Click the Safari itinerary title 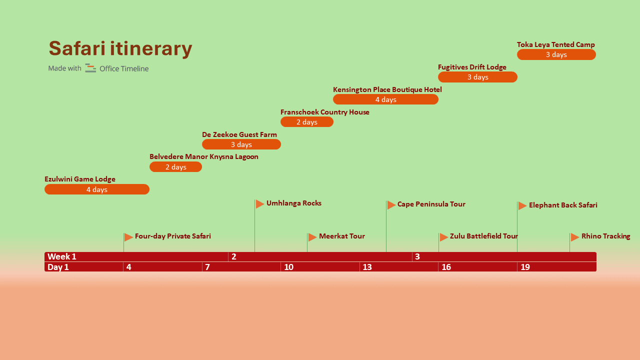pos(120,49)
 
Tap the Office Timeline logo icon pos(90,68)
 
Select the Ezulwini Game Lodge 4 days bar pos(97,189)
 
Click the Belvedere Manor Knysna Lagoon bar pos(175,167)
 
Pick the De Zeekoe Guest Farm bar pos(241,144)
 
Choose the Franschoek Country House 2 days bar pos(306,122)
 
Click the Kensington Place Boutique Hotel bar pos(385,99)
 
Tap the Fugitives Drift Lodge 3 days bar pos(477,77)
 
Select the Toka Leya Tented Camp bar pos(556,54)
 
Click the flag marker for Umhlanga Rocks pos(259,204)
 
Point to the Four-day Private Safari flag pos(128,237)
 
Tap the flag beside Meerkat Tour pos(312,237)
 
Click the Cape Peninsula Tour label pos(431,204)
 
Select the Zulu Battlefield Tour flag pos(443,237)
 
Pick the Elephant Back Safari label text pos(563,205)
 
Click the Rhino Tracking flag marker pos(575,237)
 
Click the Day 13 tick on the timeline pos(367,267)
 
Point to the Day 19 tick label pos(525,267)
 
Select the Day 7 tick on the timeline pos(207,267)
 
